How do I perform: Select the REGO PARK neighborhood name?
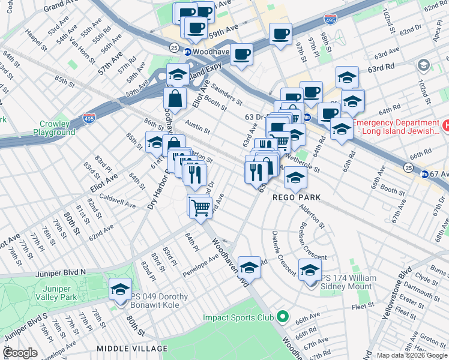tap(297, 197)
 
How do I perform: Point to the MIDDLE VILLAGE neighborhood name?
tap(128, 348)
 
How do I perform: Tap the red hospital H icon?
tap(445, 125)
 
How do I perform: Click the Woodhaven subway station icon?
tap(187, 52)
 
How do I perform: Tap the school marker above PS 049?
tap(120, 289)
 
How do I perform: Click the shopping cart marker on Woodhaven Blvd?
tap(200, 207)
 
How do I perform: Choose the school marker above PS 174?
tap(310, 271)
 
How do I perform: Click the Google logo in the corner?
tap(20, 353)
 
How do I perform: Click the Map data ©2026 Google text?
tap(411, 355)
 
